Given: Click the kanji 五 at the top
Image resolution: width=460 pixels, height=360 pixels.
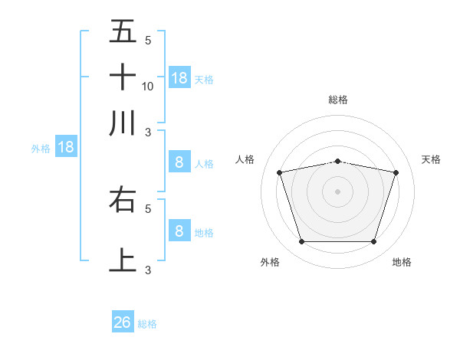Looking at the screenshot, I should tap(123, 32).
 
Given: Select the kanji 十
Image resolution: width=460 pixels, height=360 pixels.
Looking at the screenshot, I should tap(123, 77).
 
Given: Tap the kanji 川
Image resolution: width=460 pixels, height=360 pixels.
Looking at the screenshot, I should tap(123, 123).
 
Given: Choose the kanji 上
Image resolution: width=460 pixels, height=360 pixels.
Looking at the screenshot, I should tap(123, 259).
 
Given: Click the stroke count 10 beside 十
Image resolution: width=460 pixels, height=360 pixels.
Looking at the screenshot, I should tap(148, 86).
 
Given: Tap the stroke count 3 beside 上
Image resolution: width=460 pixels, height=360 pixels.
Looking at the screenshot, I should tap(148, 269).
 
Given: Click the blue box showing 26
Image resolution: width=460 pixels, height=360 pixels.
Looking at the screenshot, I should tap(123, 322).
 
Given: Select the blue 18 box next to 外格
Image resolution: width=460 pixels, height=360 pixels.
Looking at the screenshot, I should tap(65, 147).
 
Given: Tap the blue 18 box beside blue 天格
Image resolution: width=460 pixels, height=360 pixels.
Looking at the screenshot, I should tap(179, 78).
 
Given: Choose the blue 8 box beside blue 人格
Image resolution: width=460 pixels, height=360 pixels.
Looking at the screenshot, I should tap(179, 162).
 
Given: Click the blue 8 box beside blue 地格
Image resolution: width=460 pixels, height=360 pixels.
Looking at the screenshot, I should tap(179, 231).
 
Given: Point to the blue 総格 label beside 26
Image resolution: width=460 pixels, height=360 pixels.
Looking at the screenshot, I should tap(147, 324).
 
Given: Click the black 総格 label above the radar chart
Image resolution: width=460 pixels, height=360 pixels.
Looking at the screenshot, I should tap(337, 100).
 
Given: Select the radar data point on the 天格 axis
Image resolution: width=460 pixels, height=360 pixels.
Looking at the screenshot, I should tap(396, 173).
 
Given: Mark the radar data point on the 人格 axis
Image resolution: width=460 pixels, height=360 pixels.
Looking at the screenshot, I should tap(280, 173).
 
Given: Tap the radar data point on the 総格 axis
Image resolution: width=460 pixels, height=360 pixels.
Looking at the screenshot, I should tap(337, 161).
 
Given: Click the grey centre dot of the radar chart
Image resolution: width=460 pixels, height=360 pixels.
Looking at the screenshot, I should tap(337, 191).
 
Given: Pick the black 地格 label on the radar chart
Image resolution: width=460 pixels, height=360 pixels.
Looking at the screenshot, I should tap(402, 262).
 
